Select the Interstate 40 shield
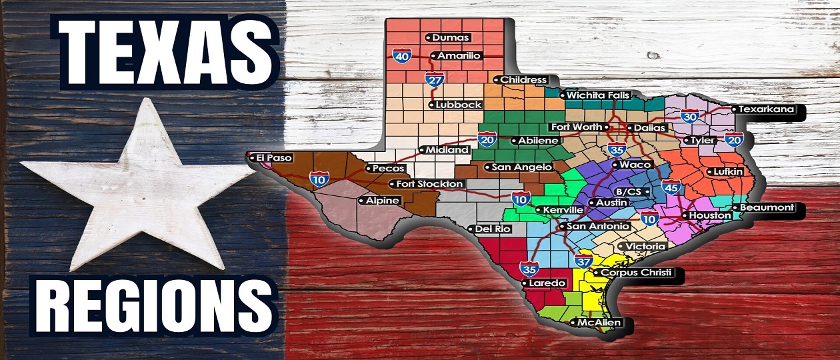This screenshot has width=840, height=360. [401, 56]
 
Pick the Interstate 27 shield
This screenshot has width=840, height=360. [434, 80]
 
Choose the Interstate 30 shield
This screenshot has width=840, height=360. [689, 116]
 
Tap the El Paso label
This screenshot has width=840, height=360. [269, 158]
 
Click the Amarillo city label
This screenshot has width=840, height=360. [458, 56]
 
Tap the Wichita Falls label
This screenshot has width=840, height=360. [597, 95]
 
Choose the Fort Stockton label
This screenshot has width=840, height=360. [429, 184]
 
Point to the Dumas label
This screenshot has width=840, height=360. [451, 38]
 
